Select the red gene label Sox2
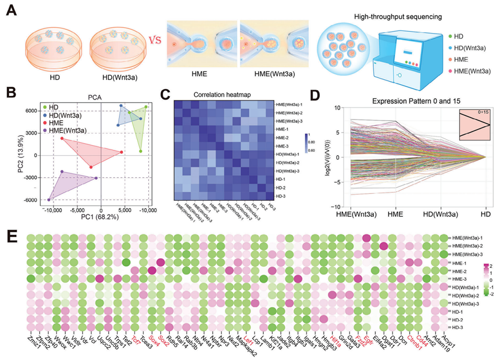coord(163,341)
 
